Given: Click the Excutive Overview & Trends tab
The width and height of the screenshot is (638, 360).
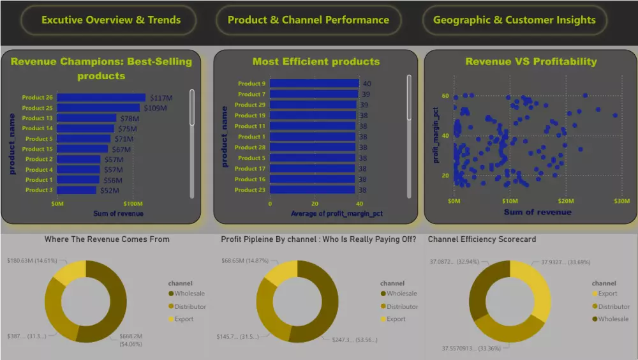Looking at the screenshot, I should pos(111,20).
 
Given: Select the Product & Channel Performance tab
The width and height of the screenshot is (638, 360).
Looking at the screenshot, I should pos(308,20).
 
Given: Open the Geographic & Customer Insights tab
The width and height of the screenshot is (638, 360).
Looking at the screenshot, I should pos(514,20).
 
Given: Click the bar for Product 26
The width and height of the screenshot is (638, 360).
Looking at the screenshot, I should pos(101,98).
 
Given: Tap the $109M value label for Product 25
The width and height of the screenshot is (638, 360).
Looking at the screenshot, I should pos(155,109).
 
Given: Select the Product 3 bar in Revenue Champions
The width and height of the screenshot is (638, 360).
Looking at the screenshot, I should pos(77,190).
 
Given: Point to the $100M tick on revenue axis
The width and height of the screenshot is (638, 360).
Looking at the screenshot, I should pos(133,204).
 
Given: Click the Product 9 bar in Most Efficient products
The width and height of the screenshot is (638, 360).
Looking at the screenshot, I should pos(314,84).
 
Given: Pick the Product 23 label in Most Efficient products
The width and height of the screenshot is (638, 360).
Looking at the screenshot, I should pos(249,190).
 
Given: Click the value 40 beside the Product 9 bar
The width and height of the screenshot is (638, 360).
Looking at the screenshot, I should pos(367,84).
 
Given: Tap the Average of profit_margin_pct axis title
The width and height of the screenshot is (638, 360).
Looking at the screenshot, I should pos(337,213).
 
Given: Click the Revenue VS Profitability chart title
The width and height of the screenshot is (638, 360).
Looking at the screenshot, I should pos(531,62).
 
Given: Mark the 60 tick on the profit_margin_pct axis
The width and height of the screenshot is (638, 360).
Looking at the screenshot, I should pos(445,96).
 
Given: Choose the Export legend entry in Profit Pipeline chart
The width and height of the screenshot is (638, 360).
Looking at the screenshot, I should pos(396,319).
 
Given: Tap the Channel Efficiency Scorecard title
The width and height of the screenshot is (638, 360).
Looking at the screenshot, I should pos(482,239).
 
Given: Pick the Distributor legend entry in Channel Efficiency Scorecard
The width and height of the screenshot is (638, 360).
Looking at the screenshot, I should pos(612,306).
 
